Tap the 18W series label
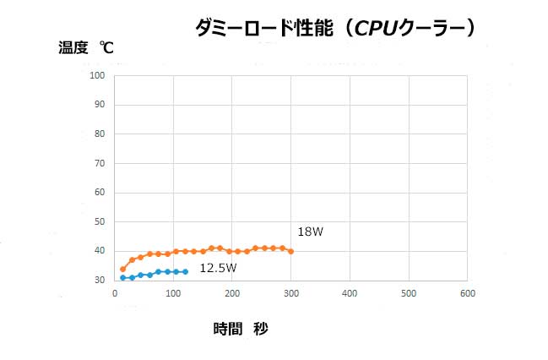(x=310, y=232)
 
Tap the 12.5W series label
(x=218, y=268)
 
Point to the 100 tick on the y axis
(x=96, y=75)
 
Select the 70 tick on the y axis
(x=99, y=163)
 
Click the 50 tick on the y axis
(x=99, y=221)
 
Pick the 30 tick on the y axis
(x=99, y=280)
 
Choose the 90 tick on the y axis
(x=99, y=105)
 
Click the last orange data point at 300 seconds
(x=290, y=251)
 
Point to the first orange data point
(x=123, y=269)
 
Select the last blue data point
(x=185, y=271)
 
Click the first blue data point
(x=123, y=277)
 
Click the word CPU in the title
(x=375, y=28)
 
